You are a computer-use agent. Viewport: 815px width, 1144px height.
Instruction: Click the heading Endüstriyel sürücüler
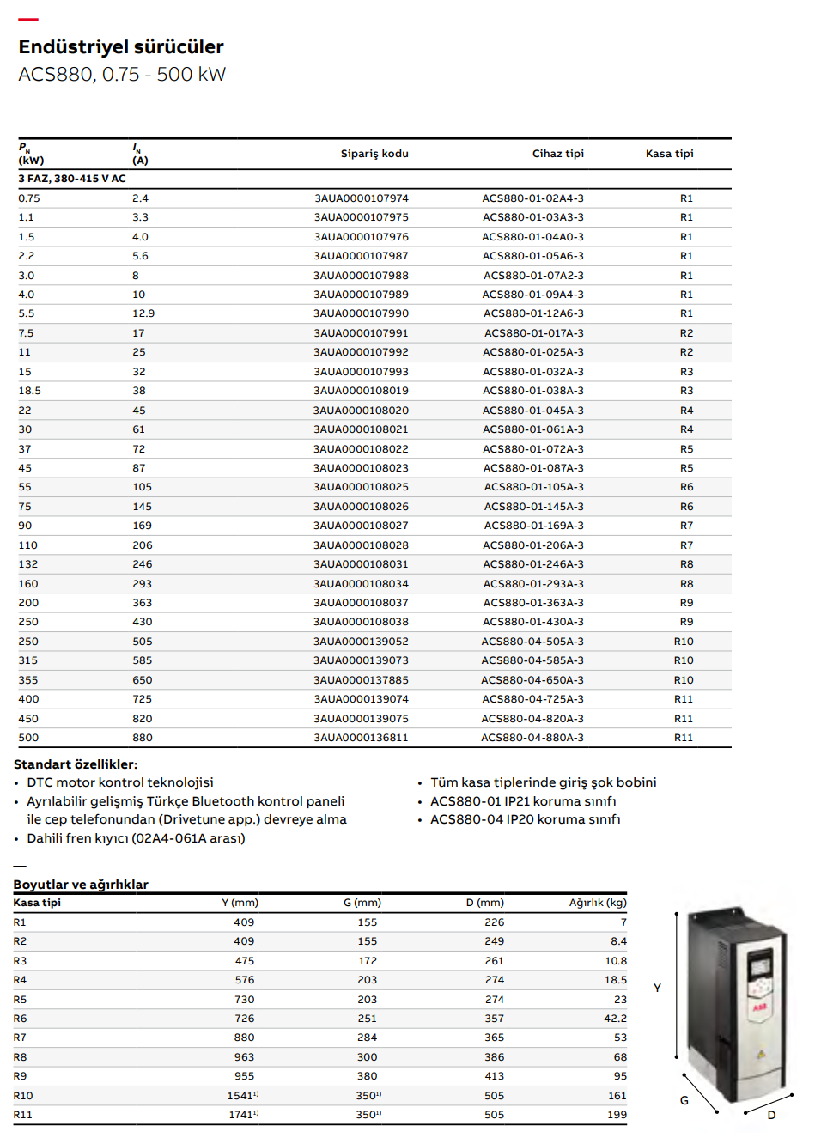coord(121,46)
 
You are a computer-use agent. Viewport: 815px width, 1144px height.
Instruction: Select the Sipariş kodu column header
coord(374,154)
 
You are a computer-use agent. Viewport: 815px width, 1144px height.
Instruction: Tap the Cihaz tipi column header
coord(557,154)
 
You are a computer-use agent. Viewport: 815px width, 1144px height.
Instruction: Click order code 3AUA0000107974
coord(362,198)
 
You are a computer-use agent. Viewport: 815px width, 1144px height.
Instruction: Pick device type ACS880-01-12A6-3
coord(533,313)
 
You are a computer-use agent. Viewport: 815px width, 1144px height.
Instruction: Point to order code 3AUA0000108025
coord(362,487)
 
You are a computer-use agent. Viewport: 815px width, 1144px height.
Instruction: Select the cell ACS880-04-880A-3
coord(532,738)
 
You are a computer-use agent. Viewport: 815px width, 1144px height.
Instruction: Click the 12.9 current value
coord(143,313)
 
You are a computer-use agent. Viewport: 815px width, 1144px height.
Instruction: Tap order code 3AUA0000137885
coord(362,680)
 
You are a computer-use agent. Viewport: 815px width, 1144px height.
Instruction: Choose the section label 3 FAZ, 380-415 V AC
coord(72,179)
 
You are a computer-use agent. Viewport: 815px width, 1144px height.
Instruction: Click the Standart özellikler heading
coord(76,764)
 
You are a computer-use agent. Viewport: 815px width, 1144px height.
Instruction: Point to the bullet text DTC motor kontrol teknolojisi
coord(120,782)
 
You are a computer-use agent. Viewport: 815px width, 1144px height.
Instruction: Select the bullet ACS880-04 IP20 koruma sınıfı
coord(525,819)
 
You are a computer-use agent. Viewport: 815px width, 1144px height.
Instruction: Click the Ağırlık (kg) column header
coord(598,903)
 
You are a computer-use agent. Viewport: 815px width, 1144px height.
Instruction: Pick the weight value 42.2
coord(615,1019)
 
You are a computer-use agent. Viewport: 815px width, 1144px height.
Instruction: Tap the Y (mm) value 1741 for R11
coord(242,1115)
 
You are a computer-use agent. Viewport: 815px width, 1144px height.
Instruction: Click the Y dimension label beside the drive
coord(657,989)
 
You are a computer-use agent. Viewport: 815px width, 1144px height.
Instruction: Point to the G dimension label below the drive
coord(684,1100)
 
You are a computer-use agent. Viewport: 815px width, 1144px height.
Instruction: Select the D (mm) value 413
coord(494,1076)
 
